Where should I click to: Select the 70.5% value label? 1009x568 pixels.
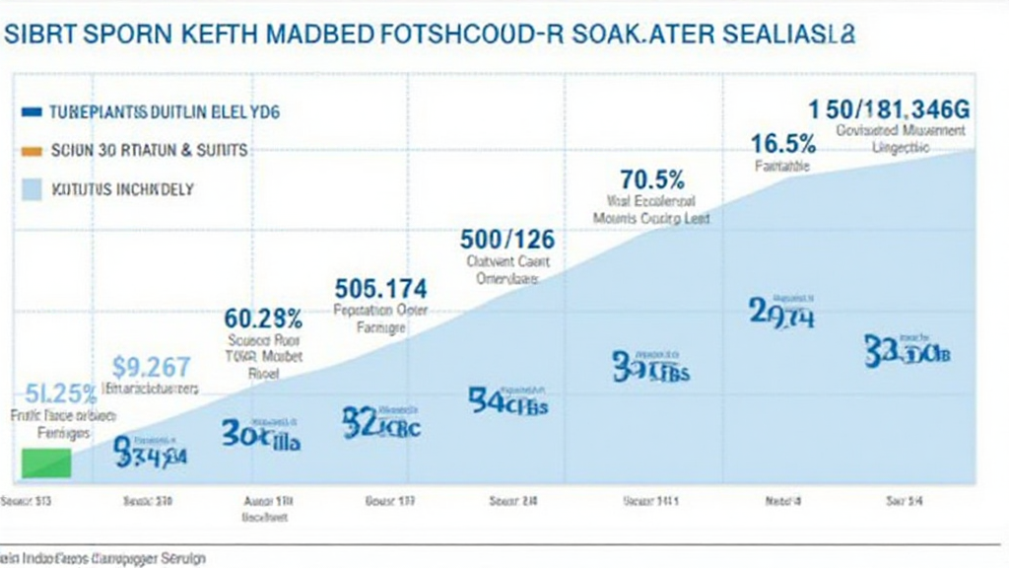tap(652, 180)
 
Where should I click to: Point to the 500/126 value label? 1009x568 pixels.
tap(507, 239)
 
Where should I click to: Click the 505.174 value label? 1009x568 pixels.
tap(380, 289)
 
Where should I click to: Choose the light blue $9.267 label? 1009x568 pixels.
tap(151, 367)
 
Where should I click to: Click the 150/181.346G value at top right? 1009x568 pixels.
tap(888, 108)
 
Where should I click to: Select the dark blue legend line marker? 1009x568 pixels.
tap(32, 112)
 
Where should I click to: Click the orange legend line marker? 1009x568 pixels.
tap(32, 151)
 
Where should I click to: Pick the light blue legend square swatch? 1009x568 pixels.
tap(32, 188)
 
